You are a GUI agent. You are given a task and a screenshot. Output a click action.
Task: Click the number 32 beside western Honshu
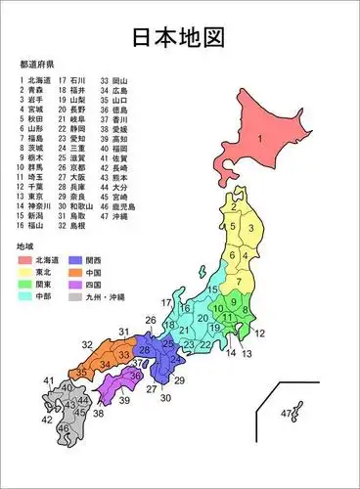tap(87, 345)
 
